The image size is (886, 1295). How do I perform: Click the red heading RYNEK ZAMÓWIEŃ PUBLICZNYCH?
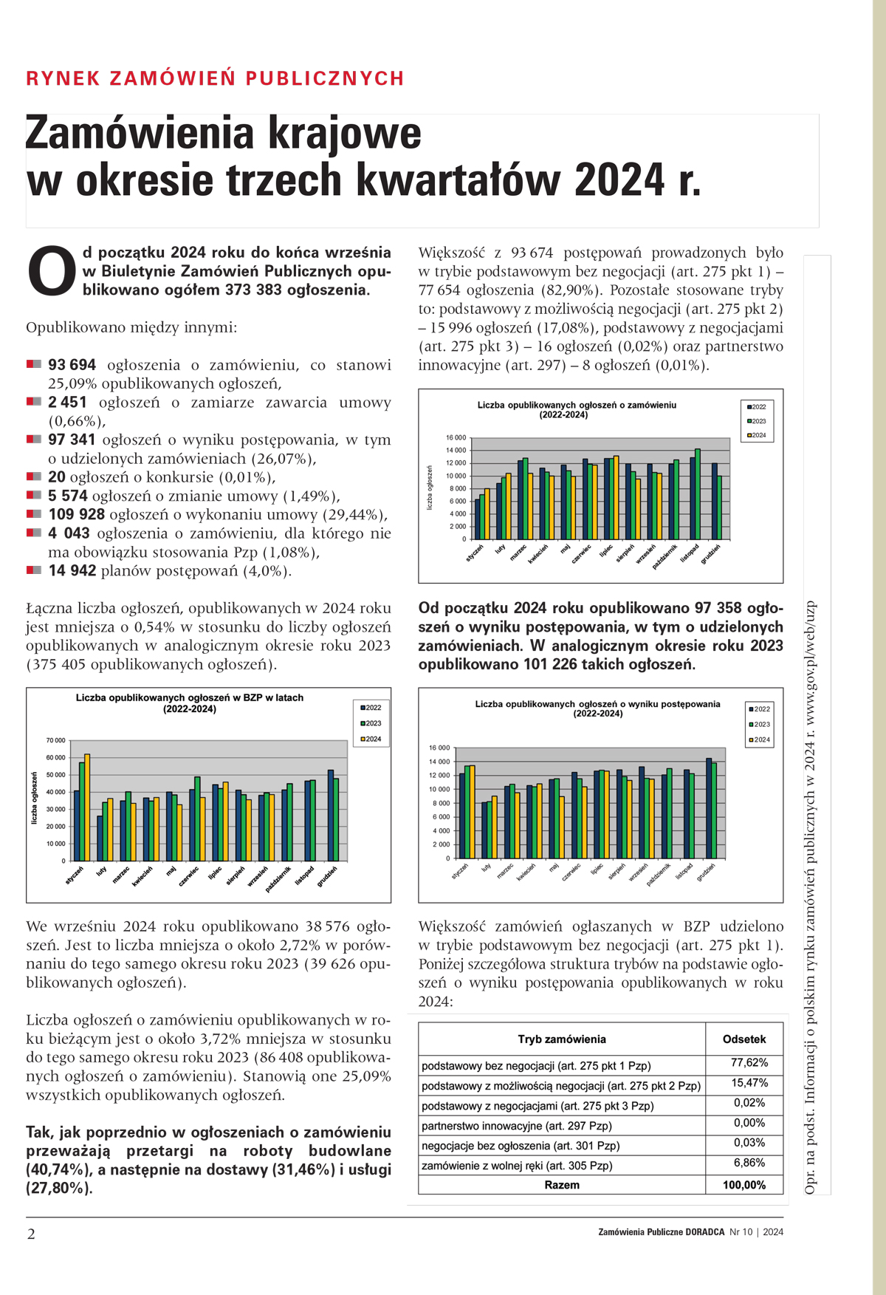pyautogui.click(x=215, y=78)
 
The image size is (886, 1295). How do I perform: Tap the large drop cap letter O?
pyautogui.click(x=52, y=271)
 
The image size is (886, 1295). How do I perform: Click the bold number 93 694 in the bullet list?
pyautogui.click(x=72, y=365)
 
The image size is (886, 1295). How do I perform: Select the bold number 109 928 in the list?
pyautogui.click(x=77, y=514)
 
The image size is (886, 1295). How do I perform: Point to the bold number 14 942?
pyautogui.click(x=72, y=570)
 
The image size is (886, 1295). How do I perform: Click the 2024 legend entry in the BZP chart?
pyautogui.click(x=371, y=739)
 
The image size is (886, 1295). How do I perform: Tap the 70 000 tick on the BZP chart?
pyautogui.click(x=55, y=740)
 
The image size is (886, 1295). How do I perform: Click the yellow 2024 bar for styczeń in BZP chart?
pyautogui.click(x=87, y=807)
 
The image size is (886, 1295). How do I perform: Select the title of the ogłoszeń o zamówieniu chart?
pyautogui.click(x=577, y=410)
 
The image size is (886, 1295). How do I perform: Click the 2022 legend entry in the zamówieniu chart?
pyautogui.click(x=758, y=407)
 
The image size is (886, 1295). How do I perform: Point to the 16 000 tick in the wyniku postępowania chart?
pyautogui.click(x=439, y=748)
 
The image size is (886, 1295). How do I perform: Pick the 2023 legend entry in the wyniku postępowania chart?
pyautogui.click(x=760, y=725)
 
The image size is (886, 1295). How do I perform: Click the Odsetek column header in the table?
pyautogui.click(x=744, y=1039)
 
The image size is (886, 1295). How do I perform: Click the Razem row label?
pyautogui.click(x=562, y=1185)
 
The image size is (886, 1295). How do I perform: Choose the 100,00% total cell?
pyautogui.click(x=744, y=1185)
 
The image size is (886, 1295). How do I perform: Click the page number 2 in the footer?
pyautogui.click(x=31, y=1234)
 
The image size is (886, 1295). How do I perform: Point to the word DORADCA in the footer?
pyautogui.click(x=704, y=1232)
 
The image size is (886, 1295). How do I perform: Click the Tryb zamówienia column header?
pyautogui.click(x=562, y=1039)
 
